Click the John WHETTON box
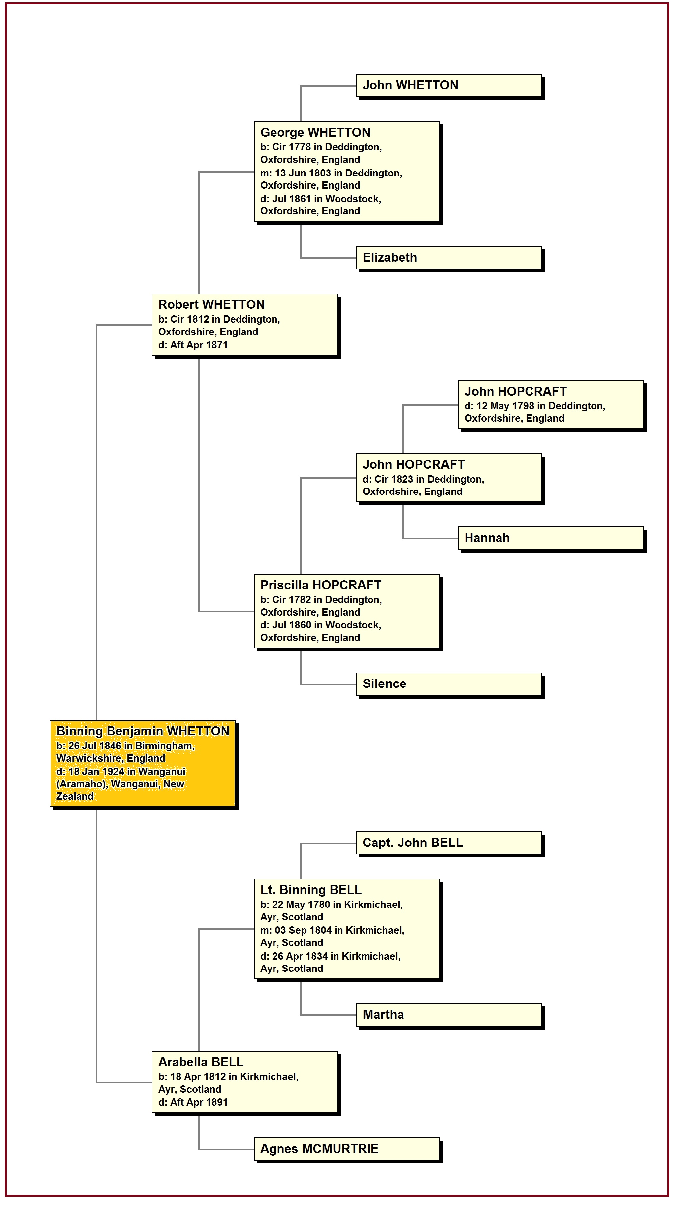448,85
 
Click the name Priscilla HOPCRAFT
321,585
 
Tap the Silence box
448,684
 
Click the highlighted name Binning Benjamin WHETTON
143,731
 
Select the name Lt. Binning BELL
311,890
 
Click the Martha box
448,1015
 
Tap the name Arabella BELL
201,1062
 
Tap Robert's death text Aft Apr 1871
199,345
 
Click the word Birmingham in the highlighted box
164,746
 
